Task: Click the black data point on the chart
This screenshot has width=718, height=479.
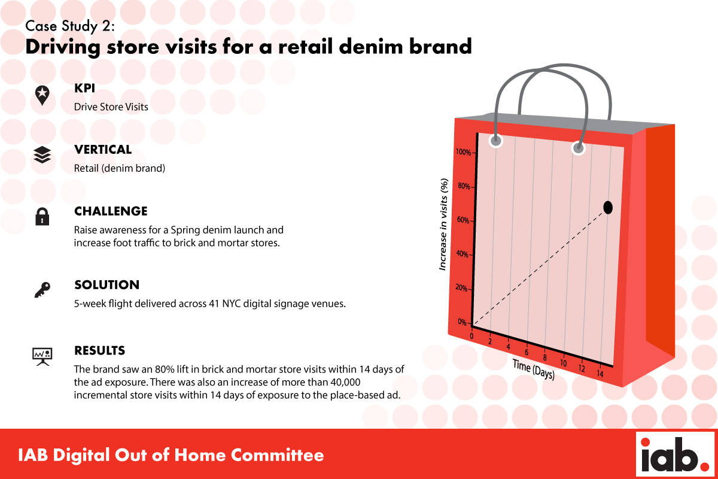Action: point(608,208)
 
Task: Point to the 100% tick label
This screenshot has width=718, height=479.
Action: point(463,152)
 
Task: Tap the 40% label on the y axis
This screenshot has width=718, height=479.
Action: point(462,254)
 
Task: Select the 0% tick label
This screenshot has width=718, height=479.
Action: point(462,322)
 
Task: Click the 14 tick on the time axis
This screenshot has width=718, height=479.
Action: point(600,374)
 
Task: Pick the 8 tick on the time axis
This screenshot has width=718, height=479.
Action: point(544,357)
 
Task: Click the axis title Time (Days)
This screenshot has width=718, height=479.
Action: point(533,369)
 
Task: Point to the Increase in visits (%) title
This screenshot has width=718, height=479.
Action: point(443,225)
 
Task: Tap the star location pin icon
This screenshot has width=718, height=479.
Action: point(42,95)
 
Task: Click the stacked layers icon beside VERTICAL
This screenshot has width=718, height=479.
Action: point(42,155)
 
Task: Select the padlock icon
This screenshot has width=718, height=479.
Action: point(42,217)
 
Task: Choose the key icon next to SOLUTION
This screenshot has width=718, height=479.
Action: point(42,290)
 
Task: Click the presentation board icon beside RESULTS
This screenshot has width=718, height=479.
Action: point(42,356)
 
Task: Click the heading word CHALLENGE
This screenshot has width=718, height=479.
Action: point(111,211)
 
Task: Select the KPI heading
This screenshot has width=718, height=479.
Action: point(84,88)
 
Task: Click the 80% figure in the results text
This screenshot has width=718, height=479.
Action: point(165,369)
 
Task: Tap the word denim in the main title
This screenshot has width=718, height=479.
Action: point(370,47)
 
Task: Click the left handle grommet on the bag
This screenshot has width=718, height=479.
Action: point(496,141)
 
